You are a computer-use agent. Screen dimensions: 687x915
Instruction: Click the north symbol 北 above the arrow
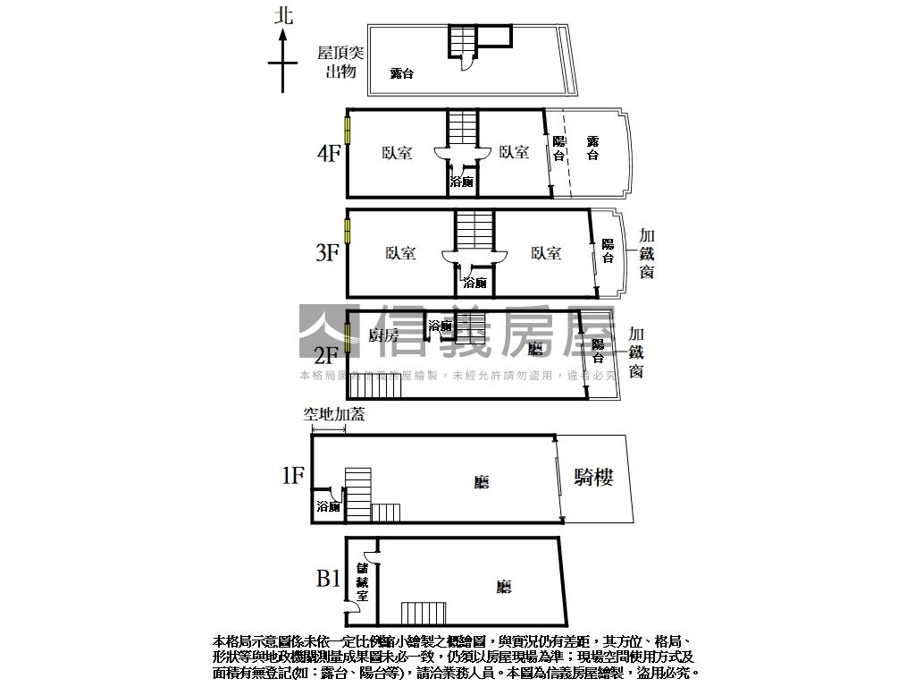[284, 15]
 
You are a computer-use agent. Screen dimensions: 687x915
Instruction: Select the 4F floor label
[329, 153]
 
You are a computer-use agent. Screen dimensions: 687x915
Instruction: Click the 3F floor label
[328, 253]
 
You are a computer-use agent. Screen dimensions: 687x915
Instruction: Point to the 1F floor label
[293, 475]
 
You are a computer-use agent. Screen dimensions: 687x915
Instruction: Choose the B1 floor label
[328, 579]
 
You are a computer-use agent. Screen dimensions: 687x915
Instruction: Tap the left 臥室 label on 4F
[397, 153]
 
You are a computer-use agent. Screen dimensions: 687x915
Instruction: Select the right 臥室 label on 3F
[546, 254]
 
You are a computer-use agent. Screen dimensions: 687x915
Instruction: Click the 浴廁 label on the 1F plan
[327, 507]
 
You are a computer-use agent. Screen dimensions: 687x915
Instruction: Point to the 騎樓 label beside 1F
[593, 478]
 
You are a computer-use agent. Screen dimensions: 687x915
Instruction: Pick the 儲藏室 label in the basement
[363, 581]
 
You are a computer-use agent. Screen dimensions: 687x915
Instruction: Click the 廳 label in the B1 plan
[503, 587]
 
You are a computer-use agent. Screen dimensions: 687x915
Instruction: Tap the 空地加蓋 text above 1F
[333, 414]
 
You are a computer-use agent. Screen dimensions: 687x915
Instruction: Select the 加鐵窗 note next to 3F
[647, 253]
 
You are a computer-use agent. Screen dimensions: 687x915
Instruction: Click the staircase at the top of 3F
[474, 230]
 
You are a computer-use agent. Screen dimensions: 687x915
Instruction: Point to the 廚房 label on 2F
[383, 335]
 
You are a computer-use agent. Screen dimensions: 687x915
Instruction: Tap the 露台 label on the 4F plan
[592, 148]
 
